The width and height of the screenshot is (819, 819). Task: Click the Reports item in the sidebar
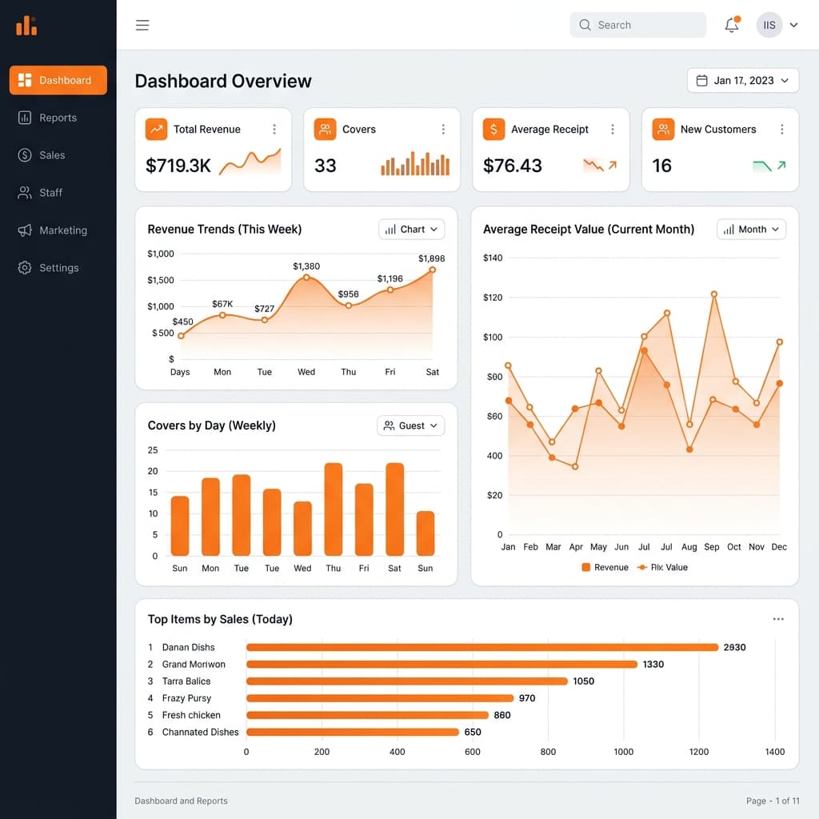tap(58, 118)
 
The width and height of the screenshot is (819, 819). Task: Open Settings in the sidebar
tap(58, 268)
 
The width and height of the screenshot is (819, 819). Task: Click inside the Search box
tap(637, 25)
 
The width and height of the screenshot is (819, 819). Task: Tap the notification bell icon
tap(731, 25)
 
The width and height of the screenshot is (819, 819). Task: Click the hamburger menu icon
tap(142, 25)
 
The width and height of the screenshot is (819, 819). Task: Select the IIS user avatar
tap(769, 25)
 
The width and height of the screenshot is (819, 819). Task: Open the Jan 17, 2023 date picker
tap(742, 81)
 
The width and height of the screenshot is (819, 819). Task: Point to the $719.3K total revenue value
tap(178, 166)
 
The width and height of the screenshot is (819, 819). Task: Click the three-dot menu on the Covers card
tap(443, 130)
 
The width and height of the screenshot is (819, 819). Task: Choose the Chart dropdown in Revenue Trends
tap(411, 230)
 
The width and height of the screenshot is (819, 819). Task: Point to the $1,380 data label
tap(306, 266)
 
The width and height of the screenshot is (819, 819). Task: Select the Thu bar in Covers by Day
tap(334, 509)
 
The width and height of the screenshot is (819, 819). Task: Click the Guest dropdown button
tap(410, 425)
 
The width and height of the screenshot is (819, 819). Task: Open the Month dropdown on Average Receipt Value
tap(751, 230)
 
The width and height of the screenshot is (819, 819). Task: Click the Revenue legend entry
tap(605, 567)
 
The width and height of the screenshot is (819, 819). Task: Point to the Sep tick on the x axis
tap(712, 547)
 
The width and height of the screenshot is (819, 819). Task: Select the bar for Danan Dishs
tap(482, 647)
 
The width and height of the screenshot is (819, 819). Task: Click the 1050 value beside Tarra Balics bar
tap(583, 681)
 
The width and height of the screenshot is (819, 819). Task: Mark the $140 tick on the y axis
tap(493, 258)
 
